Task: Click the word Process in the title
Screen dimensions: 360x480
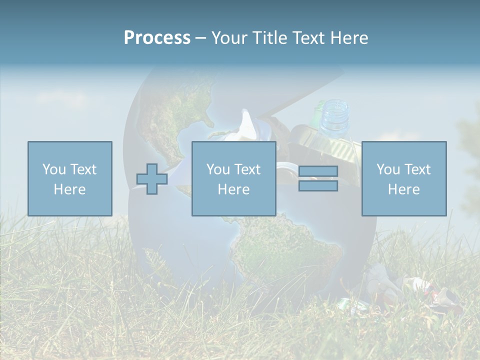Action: (x=157, y=38)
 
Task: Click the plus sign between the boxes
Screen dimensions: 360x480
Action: (x=152, y=179)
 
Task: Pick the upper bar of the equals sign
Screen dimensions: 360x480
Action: (x=318, y=171)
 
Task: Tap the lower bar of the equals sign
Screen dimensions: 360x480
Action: (x=318, y=186)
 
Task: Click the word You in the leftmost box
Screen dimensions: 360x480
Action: (x=53, y=169)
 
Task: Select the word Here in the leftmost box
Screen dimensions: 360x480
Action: (x=69, y=189)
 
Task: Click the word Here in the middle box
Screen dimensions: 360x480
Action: (x=233, y=189)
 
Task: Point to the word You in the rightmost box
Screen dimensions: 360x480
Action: (x=388, y=169)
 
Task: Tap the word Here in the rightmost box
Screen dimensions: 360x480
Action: (x=403, y=189)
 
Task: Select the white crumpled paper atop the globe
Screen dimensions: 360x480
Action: (x=245, y=125)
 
